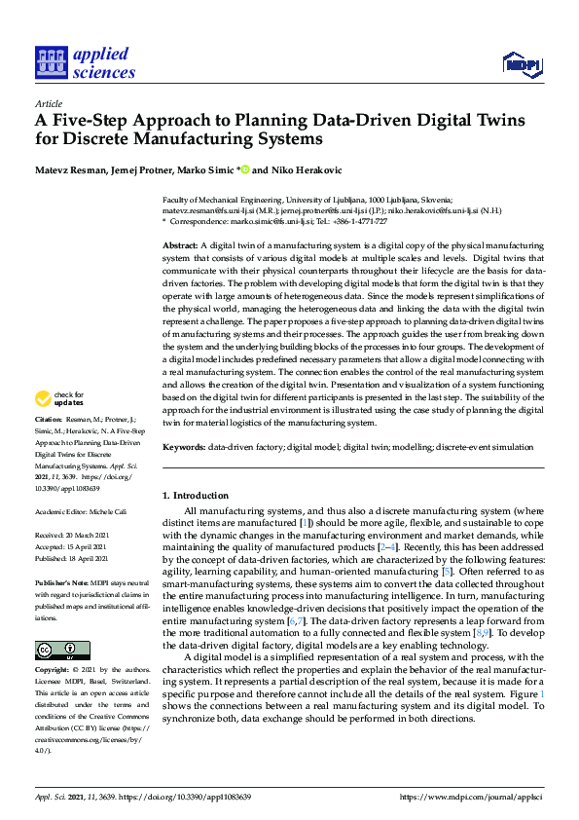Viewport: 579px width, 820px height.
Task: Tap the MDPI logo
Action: pyautogui.click(x=522, y=64)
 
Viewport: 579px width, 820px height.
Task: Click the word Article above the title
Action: pyautogui.click(x=48, y=103)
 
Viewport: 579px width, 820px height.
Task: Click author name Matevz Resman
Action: pyautogui.click(x=66, y=169)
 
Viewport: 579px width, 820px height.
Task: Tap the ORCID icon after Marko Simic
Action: pyautogui.click(x=244, y=169)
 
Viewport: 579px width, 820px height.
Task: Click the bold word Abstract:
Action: pyautogui.click(x=179, y=245)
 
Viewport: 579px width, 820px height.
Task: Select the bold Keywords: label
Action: pyautogui.click(x=185, y=446)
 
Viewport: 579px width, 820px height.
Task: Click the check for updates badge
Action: pyautogui.click(x=58, y=425)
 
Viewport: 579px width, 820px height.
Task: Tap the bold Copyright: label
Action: pyautogui.click(x=53, y=671)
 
